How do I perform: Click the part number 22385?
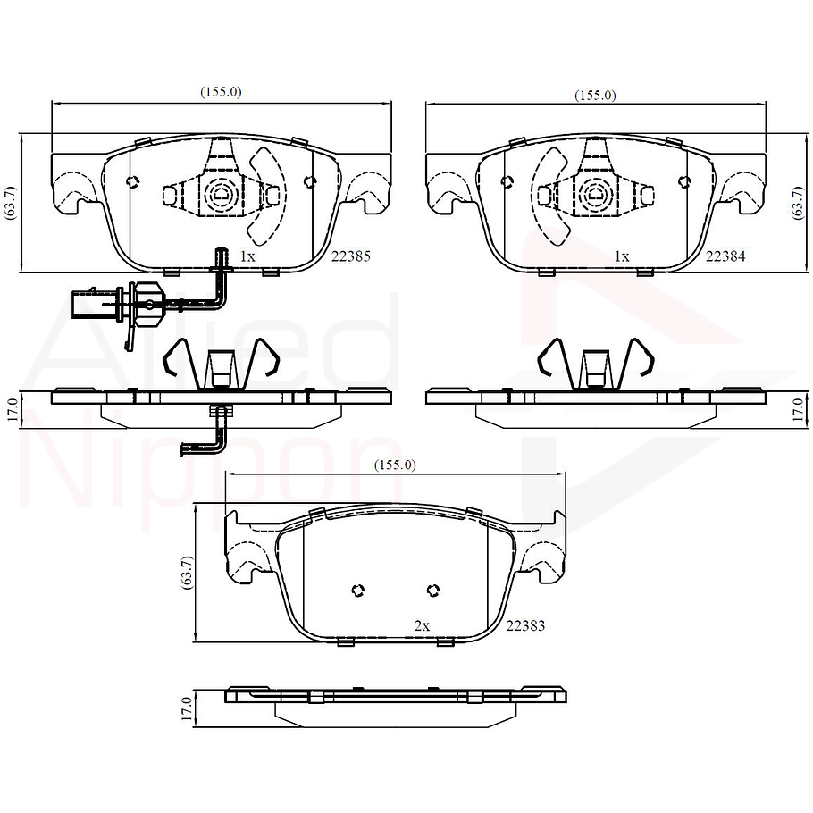(x=350, y=256)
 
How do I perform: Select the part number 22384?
(x=725, y=256)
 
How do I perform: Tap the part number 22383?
(x=525, y=626)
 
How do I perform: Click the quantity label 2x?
(x=422, y=626)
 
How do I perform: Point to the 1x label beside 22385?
(x=247, y=256)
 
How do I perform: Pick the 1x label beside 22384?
(x=622, y=256)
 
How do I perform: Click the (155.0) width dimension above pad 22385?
(x=221, y=92)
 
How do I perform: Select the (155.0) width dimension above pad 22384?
(x=595, y=95)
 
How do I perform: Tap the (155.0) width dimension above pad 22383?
(x=395, y=465)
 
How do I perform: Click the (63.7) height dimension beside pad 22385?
(x=10, y=202)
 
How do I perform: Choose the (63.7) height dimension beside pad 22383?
(x=186, y=572)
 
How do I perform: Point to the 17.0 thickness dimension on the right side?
(x=798, y=411)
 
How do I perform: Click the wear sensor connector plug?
(x=96, y=302)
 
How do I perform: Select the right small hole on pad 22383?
(x=433, y=590)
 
